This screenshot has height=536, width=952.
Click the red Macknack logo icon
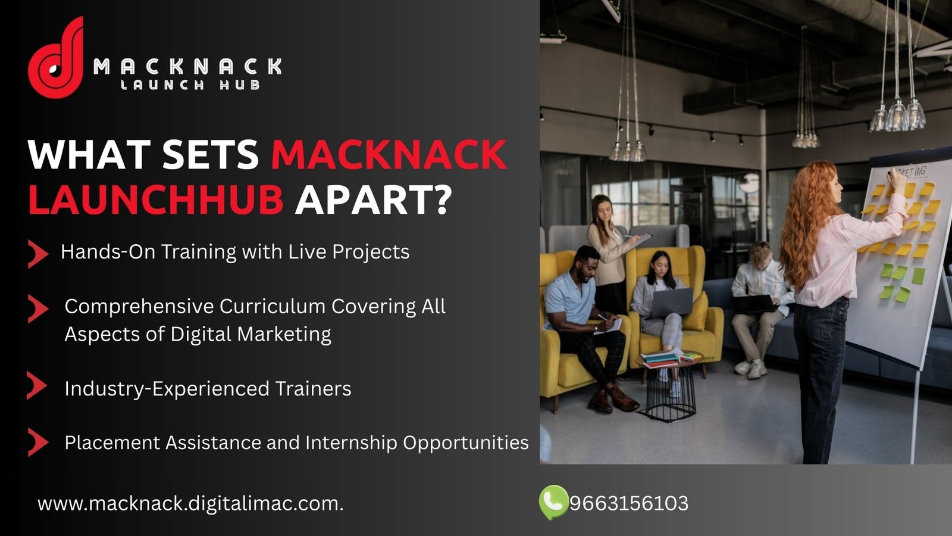pyautogui.click(x=56, y=57)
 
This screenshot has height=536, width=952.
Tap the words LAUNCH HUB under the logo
pyautogui.click(x=190, y=85)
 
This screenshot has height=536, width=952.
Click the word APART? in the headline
pyautogui.click(x=372, y=198)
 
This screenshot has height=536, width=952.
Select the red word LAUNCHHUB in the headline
pyautogui.click(x=155, y=198)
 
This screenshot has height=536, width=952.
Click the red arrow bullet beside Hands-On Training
pyautogui.click(x=38, y=254)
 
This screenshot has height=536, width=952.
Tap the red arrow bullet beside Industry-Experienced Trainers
pyautogui.click(x=37, y=385)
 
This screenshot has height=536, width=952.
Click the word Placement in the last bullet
pyautogui.click(x=112, y=442)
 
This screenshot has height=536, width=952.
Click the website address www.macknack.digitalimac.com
pyautogui.click(x=190, y=504)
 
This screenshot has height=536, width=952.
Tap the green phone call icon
pyautogui.click(x=553, y=503)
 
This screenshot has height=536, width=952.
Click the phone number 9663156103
pyautogui.click(x=629, y=503)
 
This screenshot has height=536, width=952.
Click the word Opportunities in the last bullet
pyautogui.click(x=466, y=443)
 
